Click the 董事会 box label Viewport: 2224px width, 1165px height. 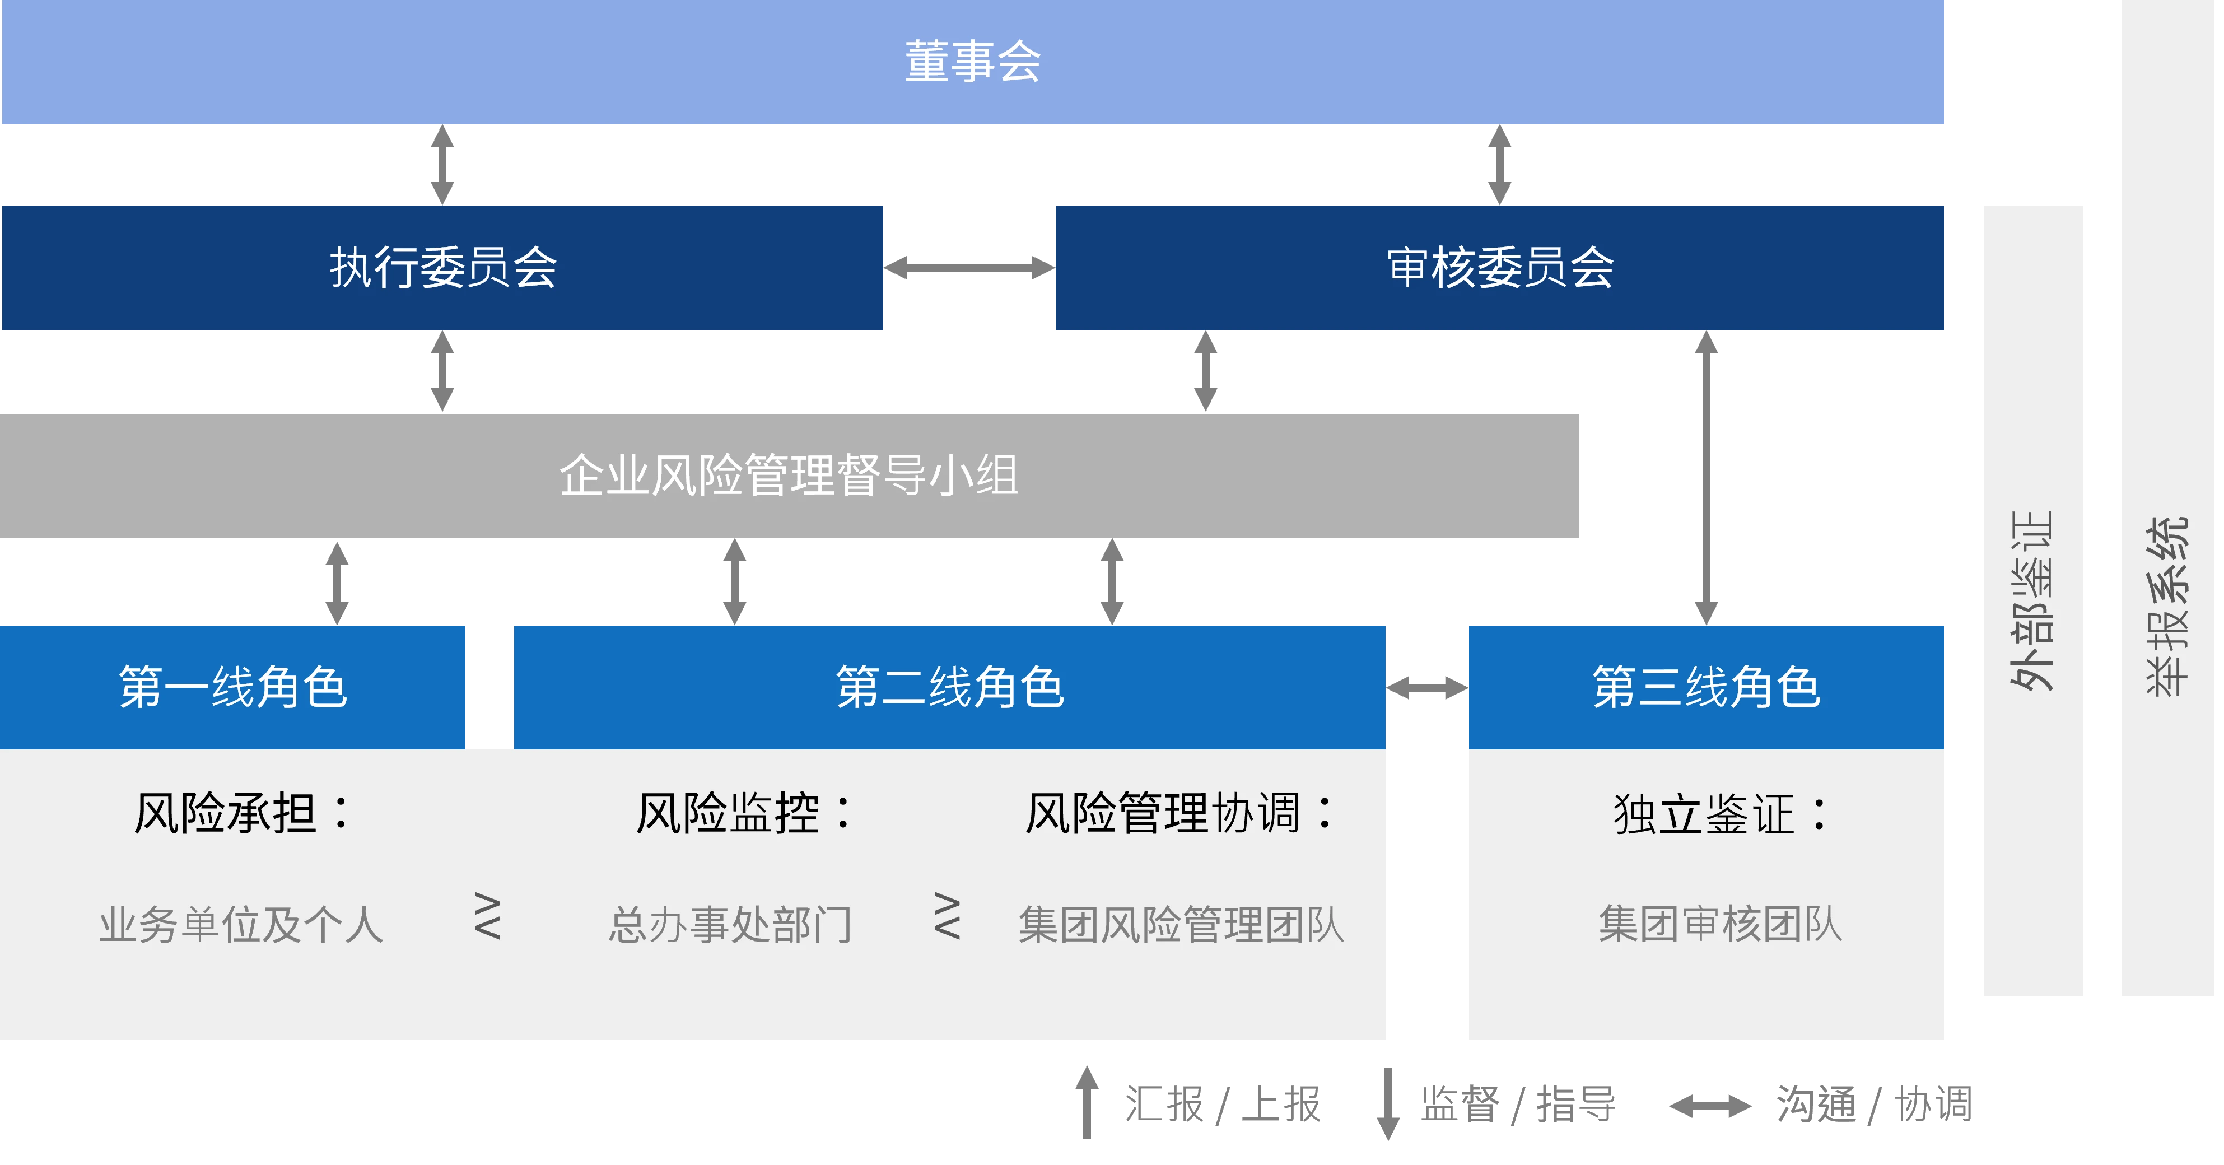tap(973, 62)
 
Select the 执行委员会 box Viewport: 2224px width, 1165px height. tap(443, 267)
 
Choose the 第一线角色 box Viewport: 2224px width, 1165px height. tap(232, 687)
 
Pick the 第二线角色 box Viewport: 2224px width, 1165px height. tap(950, 687)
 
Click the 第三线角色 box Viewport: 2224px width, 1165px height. tap(1706, 687)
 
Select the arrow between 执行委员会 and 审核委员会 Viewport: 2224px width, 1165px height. tap(969, 268)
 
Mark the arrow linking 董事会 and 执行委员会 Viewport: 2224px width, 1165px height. tap(443, 164)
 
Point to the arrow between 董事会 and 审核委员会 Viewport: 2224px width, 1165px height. tap(1500, 164)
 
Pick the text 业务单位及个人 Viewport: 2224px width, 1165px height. tap(241, 925)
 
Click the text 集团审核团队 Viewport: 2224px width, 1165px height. tap(1720, 924)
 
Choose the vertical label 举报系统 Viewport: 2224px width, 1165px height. tap(2167, 604)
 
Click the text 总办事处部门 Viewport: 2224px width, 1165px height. tap(730, 925)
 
